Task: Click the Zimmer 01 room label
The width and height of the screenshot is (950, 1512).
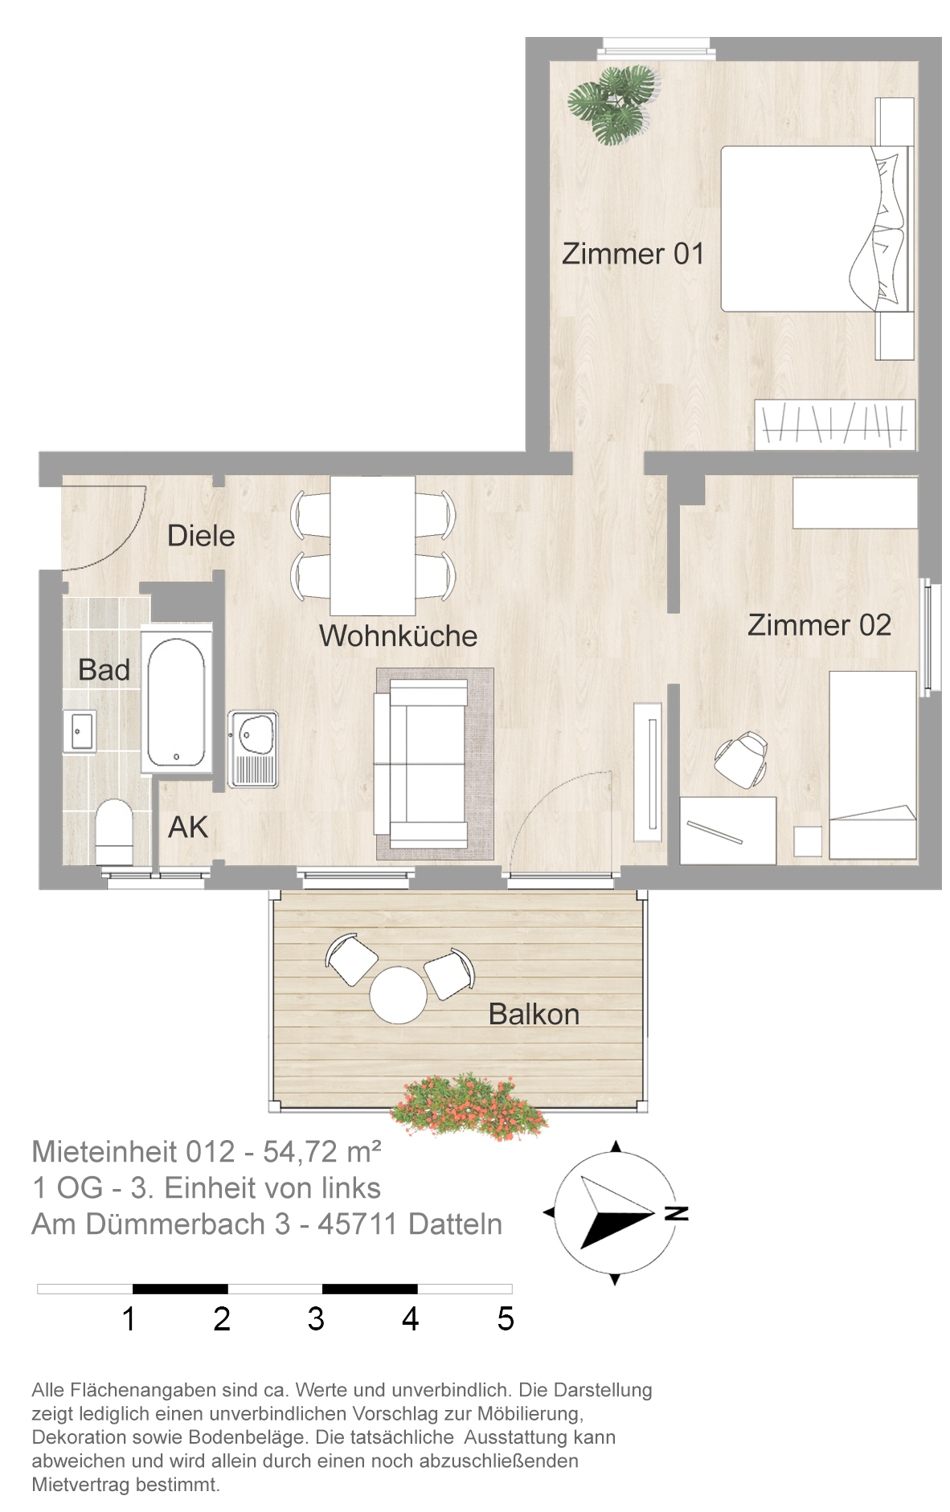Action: [x=633, y=254]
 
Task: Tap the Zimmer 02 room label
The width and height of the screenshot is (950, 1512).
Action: [x=819, y=625]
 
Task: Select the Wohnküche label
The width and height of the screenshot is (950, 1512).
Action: [x=398, y=635]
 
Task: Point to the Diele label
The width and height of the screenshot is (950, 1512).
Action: [x=201, y=536]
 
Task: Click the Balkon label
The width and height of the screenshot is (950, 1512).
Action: [x=534, y=1014]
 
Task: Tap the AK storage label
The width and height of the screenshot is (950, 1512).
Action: [x=187, y=827]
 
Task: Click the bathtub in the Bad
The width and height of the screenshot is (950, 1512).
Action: [x=176, y=699]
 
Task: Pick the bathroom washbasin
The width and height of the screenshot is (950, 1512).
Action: [x=80, y=731]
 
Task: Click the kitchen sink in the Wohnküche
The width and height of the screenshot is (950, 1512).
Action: [x=253, y=747]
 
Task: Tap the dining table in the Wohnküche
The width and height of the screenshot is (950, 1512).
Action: [x=373, y=546]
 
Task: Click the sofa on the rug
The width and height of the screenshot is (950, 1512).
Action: [x=420, y=762]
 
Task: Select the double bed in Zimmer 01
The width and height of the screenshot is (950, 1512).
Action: [x=817, y=229]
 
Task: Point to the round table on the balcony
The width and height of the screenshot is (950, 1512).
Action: [x=398, y=994]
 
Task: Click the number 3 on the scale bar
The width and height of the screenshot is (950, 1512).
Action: [x=316, y=1318]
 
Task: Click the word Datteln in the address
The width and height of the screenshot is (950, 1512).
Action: [x=456, y=1224]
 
